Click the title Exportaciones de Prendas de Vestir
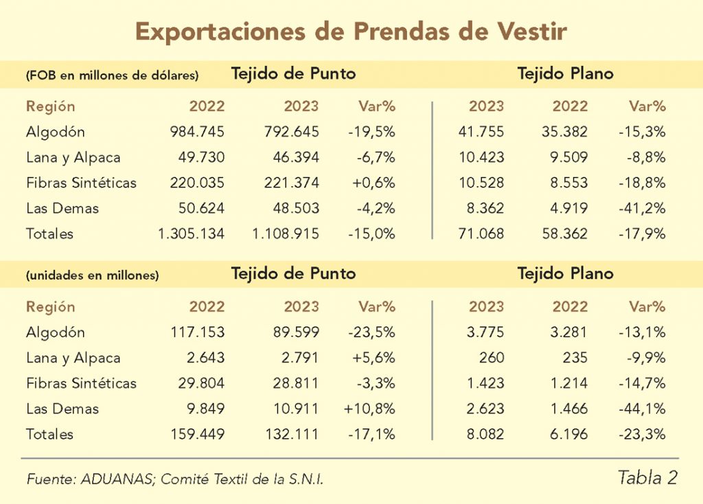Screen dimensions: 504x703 click(x=351, y=32)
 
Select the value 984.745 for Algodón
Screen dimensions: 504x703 click(x=197, y=132)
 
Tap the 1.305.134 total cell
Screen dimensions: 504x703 click(x=191, y=233)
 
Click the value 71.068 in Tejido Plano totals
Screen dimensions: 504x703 click(x=481, y=233)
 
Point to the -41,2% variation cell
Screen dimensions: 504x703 click(x=643, y=208)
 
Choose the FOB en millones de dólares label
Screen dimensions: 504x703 click(x=113, y=76)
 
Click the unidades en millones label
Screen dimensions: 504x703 click(x=93, y=275)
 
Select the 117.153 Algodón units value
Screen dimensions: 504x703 click(x=197, y=332)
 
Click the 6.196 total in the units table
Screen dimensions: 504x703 click(x=570, y=434)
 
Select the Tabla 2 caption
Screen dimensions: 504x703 click(x=647, y=478)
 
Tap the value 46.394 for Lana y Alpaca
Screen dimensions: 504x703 click(x=293, y=157)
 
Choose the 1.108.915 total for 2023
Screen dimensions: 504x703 click(x=286, y=233)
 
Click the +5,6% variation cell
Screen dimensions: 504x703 click(x=373, y=358)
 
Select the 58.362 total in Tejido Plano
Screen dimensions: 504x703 click(x=564, y=233)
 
